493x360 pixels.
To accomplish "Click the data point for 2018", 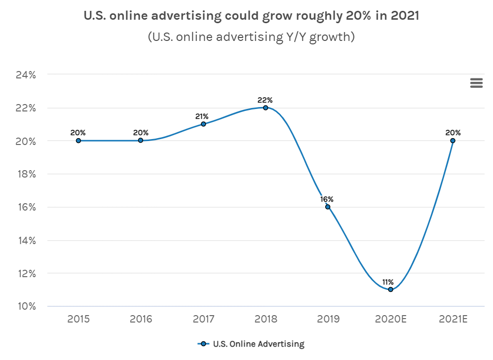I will [265, 108].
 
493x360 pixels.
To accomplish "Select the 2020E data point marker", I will [390, 289].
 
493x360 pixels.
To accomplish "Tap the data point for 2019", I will [328, 207].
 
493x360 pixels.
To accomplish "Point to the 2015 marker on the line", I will [78, 141].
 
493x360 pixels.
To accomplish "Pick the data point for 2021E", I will [453, 141].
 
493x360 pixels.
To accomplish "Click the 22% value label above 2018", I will [265, 100].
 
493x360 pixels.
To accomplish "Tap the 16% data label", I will [327, 199].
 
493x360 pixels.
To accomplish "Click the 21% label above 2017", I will [202, 116].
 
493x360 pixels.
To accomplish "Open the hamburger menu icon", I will [476, 83].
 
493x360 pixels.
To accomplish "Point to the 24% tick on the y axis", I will [26, 75].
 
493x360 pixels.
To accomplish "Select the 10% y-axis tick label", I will [26, 306].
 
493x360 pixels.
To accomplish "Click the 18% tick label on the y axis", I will [26, 174].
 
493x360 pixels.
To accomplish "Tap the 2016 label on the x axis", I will [141, 320].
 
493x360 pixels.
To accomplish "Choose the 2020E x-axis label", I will [390, 320].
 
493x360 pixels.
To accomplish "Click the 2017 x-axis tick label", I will [203, 320].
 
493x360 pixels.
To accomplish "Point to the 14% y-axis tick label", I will [26, 240].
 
